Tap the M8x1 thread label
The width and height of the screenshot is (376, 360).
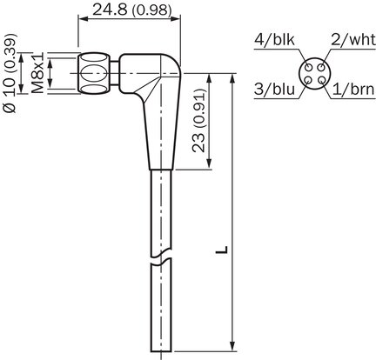pos(37,73)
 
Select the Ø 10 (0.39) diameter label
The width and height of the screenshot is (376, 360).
pos(10,74)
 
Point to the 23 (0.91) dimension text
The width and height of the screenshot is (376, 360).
pos(199,120)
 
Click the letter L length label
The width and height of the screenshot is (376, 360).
pos(222,250)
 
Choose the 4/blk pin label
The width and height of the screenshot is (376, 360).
pos(274,40)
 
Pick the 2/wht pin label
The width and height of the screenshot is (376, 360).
pos(353,40)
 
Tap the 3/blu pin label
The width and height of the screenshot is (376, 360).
pos(274,89)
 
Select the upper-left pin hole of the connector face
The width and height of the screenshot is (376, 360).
pos(309,68)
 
